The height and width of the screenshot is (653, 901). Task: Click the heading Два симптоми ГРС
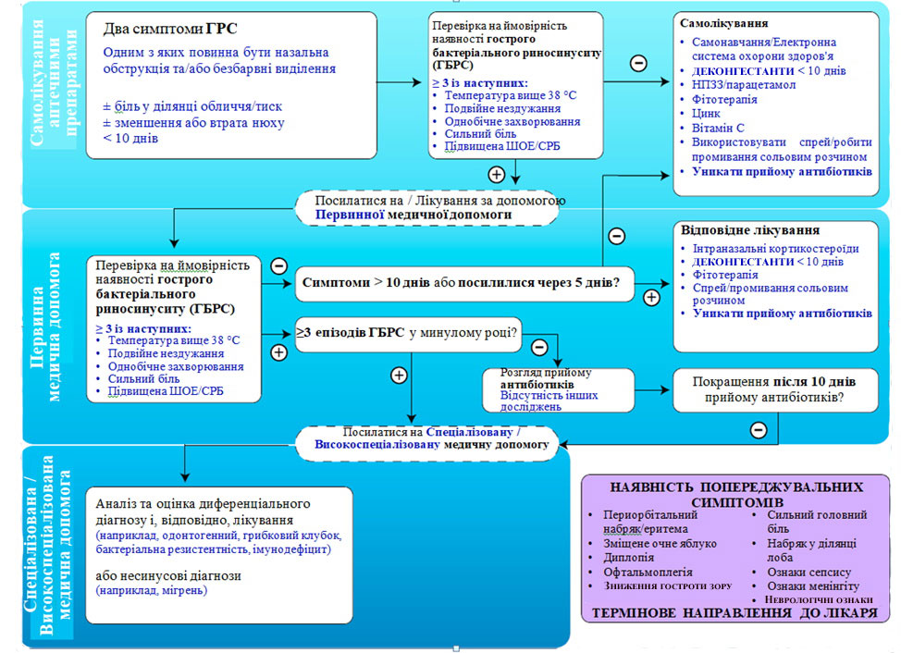[x=165, y=28]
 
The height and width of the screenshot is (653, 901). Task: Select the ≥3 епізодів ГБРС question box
[x=407, y=331]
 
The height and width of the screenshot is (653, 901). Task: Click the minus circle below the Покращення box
[x=758, y=430]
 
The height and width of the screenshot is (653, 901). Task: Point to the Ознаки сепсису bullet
[x=808, y=572]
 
